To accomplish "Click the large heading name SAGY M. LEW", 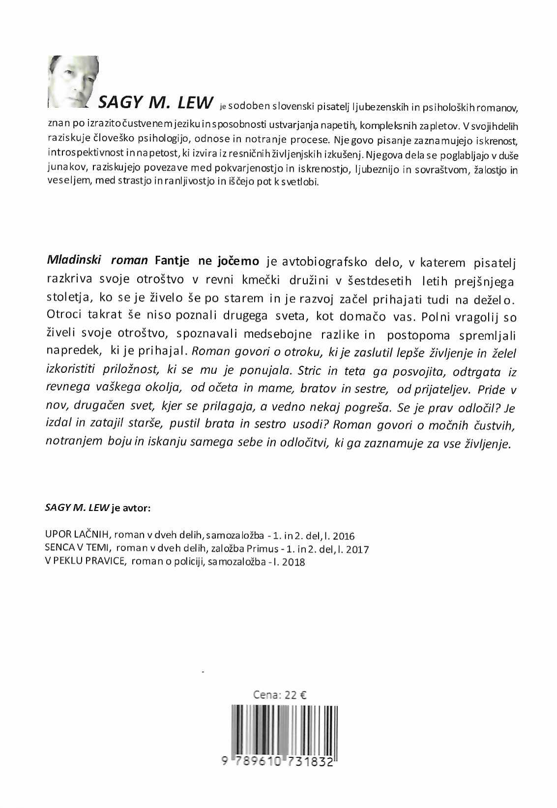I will coord(156,102).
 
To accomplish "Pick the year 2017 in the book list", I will coord(357,549).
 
